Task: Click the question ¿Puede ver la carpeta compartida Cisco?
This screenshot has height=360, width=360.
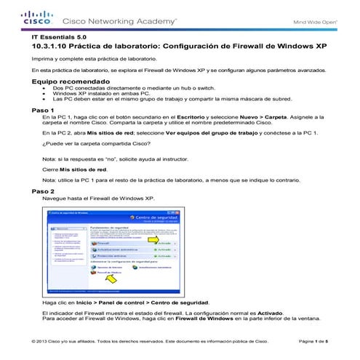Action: coord(91,144)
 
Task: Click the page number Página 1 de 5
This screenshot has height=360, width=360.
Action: coord(313,341)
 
